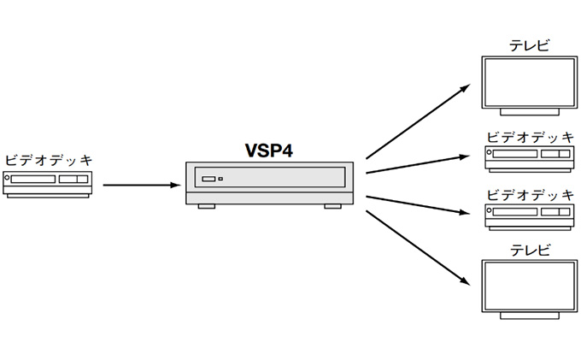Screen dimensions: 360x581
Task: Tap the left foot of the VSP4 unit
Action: click(206, 205)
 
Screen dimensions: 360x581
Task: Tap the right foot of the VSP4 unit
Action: click(331, 205)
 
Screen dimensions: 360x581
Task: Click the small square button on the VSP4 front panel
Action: click(220, 179)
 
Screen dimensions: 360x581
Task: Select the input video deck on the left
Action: click(49, 183)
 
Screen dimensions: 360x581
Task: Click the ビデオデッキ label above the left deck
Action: click(48, 160)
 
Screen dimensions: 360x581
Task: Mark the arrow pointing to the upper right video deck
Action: click(418, 164)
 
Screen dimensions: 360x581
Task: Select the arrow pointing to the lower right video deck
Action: click(418, 205)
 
